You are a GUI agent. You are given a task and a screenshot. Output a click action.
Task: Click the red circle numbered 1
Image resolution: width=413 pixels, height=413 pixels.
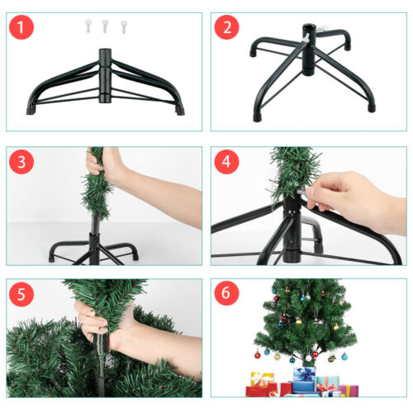tap(21, 27)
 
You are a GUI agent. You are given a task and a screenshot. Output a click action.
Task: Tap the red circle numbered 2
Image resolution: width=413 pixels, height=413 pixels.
tap(226, 27)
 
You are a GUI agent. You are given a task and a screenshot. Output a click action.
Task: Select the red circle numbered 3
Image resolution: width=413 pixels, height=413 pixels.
tap(21, 162)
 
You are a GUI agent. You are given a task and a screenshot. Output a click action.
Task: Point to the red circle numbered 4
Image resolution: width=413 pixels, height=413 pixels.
tap(226, 162)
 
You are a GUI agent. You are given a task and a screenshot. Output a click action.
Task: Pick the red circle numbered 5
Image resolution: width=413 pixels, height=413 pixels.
tap(21, 294)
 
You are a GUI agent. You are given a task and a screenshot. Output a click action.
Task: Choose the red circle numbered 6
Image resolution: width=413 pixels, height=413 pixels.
tap(226, 293)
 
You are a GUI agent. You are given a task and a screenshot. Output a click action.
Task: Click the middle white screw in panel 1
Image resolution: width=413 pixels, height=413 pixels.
tap(105, 26)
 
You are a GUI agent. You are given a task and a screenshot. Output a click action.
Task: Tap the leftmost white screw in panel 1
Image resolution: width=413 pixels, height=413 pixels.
tap(88, 26)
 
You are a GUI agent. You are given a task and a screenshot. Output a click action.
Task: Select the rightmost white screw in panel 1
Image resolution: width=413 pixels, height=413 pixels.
tap(124, 27)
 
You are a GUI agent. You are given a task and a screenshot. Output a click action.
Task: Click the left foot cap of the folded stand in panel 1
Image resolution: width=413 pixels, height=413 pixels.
tap(31, 110)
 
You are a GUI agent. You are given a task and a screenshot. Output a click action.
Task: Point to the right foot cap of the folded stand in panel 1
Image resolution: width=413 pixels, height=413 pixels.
tap(179, 111)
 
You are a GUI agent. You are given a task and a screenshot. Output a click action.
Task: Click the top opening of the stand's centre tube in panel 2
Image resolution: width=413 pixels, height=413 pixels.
tap(308, 27)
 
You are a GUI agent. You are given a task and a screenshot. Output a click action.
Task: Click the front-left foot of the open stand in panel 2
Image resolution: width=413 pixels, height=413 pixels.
tap(258, 118)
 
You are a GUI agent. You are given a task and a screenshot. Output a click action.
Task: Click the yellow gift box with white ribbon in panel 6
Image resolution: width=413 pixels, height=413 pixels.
tap(262, 379)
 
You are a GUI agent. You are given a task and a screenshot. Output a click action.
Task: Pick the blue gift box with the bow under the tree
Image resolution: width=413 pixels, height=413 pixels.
tap(304, 374)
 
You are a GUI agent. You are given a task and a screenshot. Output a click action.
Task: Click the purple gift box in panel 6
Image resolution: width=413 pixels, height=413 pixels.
tap(349, 391)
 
